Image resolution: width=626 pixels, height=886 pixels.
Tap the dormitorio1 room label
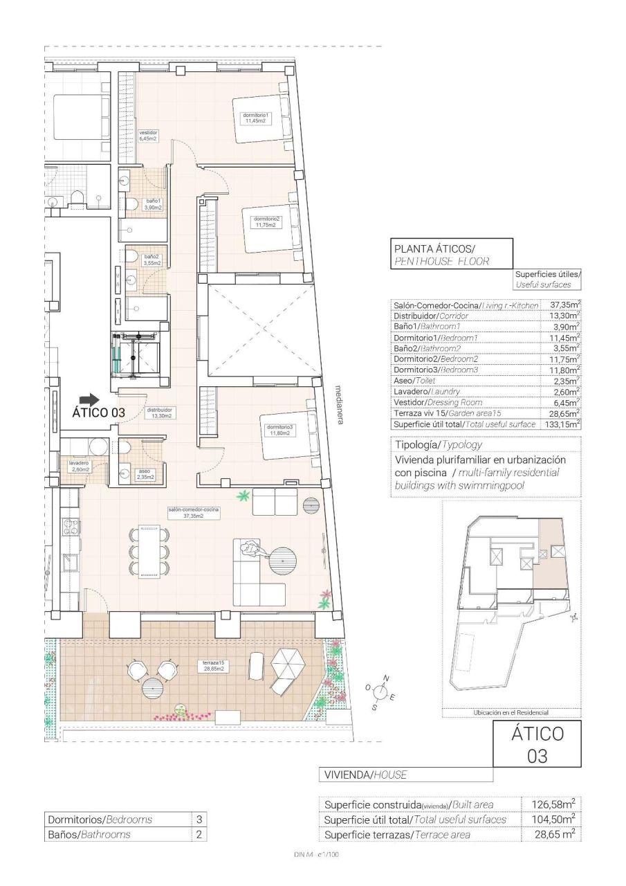point(255,118)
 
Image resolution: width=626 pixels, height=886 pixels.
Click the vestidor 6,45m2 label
point(148,136)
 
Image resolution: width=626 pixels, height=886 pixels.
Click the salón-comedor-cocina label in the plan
point(194,512)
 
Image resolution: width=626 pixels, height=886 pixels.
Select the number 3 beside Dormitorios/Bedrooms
point(199,820)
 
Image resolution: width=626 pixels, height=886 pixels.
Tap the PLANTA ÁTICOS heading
point(434,248)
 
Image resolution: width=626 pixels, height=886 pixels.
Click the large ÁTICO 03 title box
point(537,744)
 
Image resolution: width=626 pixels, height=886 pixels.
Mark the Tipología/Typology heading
point(437,445)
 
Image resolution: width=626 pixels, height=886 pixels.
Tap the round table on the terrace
point(153,689)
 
